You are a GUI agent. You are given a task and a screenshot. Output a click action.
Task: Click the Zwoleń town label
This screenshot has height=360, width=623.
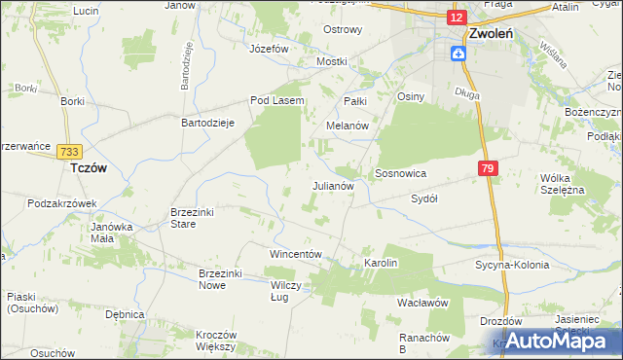pos(490,32)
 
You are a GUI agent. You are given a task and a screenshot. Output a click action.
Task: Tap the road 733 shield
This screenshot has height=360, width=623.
pos(68,151)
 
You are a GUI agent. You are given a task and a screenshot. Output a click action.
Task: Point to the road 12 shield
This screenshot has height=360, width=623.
pos(457,17)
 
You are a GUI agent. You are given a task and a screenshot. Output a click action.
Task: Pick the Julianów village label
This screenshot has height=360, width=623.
pos(338,184)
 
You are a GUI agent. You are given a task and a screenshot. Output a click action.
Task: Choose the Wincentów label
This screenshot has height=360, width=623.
pos(295,254)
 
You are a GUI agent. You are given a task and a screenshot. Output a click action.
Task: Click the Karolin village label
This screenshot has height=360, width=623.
pos(382,263)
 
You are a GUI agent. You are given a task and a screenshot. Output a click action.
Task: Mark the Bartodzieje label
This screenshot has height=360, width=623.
pos(208,124)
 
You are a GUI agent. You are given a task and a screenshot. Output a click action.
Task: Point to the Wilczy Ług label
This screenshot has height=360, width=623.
pos(287,292)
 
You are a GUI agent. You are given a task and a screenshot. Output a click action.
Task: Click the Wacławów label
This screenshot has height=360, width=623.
pos(421,303)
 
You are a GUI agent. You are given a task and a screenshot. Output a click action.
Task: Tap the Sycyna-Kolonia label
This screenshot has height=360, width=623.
pos(512,265)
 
